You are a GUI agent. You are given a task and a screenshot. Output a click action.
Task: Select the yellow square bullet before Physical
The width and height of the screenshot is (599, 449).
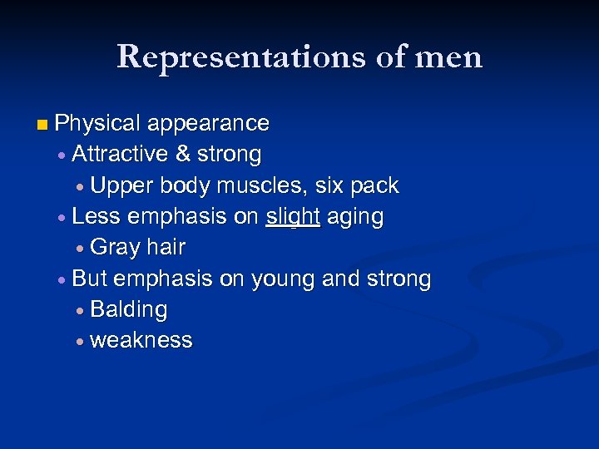42,125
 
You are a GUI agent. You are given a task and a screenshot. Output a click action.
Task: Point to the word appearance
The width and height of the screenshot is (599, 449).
208,124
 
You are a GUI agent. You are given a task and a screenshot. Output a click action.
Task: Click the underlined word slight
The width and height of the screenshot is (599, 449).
293,217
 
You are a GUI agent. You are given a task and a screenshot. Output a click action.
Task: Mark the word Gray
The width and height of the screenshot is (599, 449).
114,248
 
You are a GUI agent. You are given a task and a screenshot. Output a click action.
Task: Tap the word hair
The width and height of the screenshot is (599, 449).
165,248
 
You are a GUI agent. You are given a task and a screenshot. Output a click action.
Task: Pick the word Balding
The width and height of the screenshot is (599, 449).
128,310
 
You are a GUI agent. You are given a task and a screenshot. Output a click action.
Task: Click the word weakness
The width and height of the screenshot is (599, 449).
141,341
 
